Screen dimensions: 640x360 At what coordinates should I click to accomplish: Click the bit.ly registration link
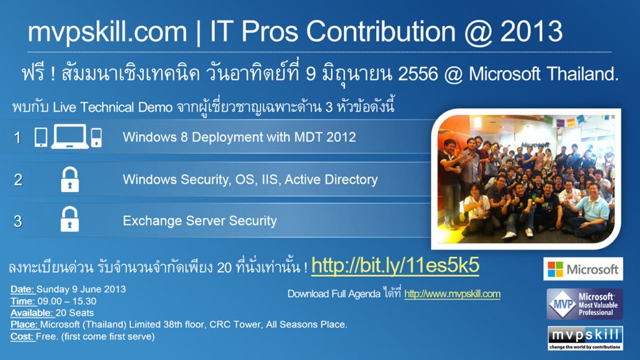point(395,266)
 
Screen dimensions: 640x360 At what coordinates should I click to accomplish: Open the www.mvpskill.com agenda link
point(452,294)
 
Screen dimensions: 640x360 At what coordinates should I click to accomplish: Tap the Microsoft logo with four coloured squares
point(583,269)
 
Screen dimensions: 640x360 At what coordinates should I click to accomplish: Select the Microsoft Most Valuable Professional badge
point(584,304)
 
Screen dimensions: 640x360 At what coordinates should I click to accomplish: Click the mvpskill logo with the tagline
point(585,338)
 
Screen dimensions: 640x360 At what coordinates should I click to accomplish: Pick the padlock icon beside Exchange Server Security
point(70,219)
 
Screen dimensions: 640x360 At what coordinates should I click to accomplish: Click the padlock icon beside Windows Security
point(70,179)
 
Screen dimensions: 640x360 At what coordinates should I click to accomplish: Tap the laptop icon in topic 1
point(70,136)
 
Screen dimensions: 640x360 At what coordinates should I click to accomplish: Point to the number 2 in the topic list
point(18,179)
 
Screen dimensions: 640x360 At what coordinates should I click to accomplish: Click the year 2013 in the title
point(531,31)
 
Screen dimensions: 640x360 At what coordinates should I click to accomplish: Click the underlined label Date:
point(23,289)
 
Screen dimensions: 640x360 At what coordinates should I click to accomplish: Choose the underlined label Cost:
point(22,337)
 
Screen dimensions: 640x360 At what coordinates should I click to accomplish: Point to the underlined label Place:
point(25,325)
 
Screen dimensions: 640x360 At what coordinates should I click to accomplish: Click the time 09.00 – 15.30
point(67,302)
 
